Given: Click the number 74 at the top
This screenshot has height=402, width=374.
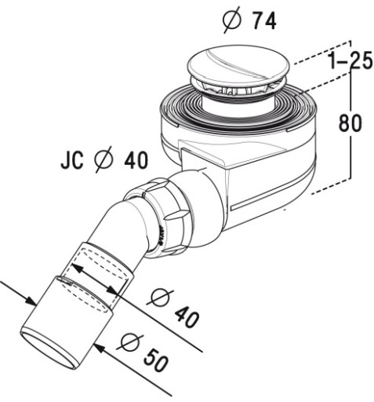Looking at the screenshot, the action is click(x=263, y=21).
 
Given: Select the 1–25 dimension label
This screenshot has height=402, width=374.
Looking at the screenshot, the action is click(x=350, y=61).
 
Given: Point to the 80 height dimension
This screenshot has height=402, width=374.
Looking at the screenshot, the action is click(x=350, y=122).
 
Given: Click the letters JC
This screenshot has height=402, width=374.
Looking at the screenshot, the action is click(x=72, y=160).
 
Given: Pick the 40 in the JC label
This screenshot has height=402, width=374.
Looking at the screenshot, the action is click(x=136, y=160).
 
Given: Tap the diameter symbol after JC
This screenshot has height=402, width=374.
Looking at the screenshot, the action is click(x=103, y=159).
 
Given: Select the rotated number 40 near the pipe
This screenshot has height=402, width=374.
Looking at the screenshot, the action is click(x=187, y=316).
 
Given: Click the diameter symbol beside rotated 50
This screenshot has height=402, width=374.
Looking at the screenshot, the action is click(x=130, y=342).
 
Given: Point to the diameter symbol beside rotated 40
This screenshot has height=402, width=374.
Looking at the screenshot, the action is click(x=160, y=298).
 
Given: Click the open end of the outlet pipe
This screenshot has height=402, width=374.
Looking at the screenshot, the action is click(x=49, y=349).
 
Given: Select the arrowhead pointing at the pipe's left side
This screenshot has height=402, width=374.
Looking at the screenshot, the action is click(x=31, y=300).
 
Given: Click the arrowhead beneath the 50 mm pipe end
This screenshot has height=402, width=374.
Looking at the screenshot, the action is click(x=100, y=348).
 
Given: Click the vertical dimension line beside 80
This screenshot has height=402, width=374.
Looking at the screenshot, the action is click(x=351, y=123).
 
